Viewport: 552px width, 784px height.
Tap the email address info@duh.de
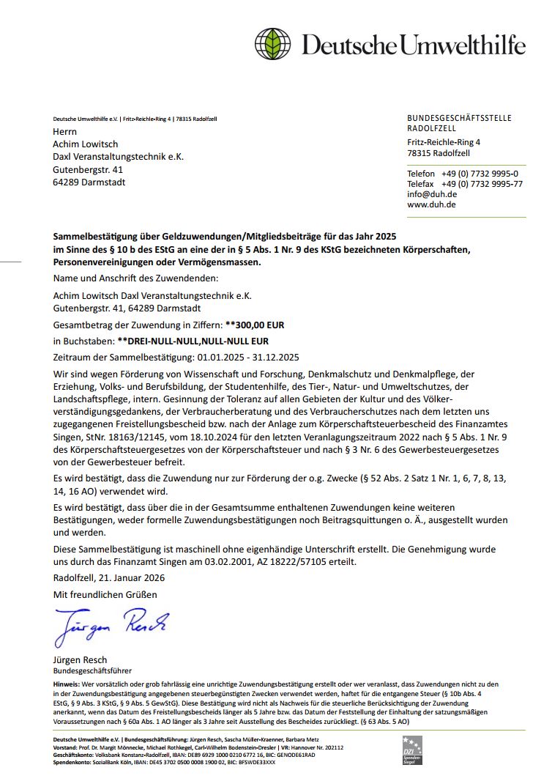coord(432,194)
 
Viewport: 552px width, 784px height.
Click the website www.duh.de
coord(431,205)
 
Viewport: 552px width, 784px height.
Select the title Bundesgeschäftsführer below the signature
coord(92,670)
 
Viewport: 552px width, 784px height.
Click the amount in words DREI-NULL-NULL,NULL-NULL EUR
coord(193,341)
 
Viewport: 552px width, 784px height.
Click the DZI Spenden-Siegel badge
coord(412,750)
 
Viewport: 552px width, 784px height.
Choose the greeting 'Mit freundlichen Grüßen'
coord(105,594)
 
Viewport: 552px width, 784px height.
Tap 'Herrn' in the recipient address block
coord(64,132)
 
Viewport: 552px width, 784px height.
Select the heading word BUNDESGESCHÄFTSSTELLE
coord(459,119)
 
